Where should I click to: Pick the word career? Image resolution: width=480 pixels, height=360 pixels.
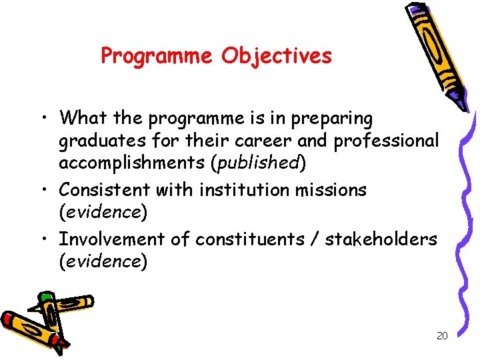pyautogui.click(x=259, y=141)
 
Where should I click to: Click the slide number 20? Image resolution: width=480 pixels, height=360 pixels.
pyautogui.click(x=441, y=336)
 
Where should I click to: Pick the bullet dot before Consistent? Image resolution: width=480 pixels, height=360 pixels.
pyautogui.click(x=42, y=191)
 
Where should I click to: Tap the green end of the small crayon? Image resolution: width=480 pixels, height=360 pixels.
pyautogui.click(x=45, y=295)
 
